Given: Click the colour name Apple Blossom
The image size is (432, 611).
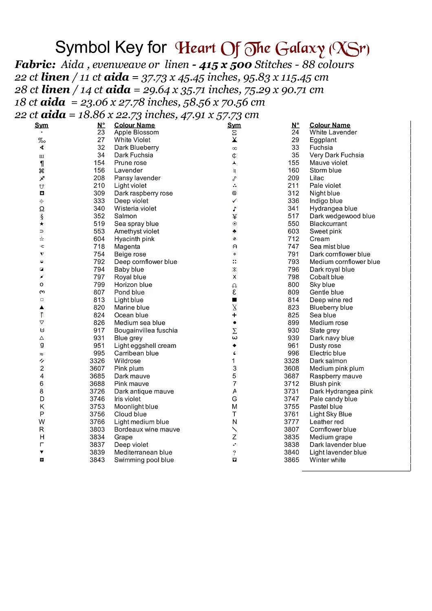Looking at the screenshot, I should coord(136,132).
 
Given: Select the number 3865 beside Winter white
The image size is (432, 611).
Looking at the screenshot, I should coord(291,460).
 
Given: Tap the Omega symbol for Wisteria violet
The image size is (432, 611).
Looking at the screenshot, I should coord(42,209).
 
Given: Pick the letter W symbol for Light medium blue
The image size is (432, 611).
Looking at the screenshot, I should coord(42,422).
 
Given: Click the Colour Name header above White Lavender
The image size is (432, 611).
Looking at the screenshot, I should coord(330,125).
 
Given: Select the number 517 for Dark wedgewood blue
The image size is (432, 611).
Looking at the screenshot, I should coord(293,216).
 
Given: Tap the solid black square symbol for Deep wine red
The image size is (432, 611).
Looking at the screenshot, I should coord(234,300).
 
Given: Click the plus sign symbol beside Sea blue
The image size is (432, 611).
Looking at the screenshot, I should coord(234,315).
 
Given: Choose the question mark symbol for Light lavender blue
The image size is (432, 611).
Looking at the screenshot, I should coord(234,453).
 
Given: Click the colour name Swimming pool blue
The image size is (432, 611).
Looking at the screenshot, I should coord(144,460).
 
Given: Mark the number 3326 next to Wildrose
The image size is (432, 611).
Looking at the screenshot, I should coord(97,361).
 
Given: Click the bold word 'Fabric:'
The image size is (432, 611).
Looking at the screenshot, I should coord(35,64).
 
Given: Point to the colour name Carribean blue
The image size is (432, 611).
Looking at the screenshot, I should coord(136,353).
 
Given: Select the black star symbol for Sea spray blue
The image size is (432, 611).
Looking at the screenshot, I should coord(42,224).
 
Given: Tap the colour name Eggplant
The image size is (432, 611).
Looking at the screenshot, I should coord(323,140).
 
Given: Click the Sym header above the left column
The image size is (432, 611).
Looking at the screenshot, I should coord(41,125).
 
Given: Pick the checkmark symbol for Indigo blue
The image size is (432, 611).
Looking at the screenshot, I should coord(234,201).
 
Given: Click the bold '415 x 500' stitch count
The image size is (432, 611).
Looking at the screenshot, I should coord(225,64).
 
